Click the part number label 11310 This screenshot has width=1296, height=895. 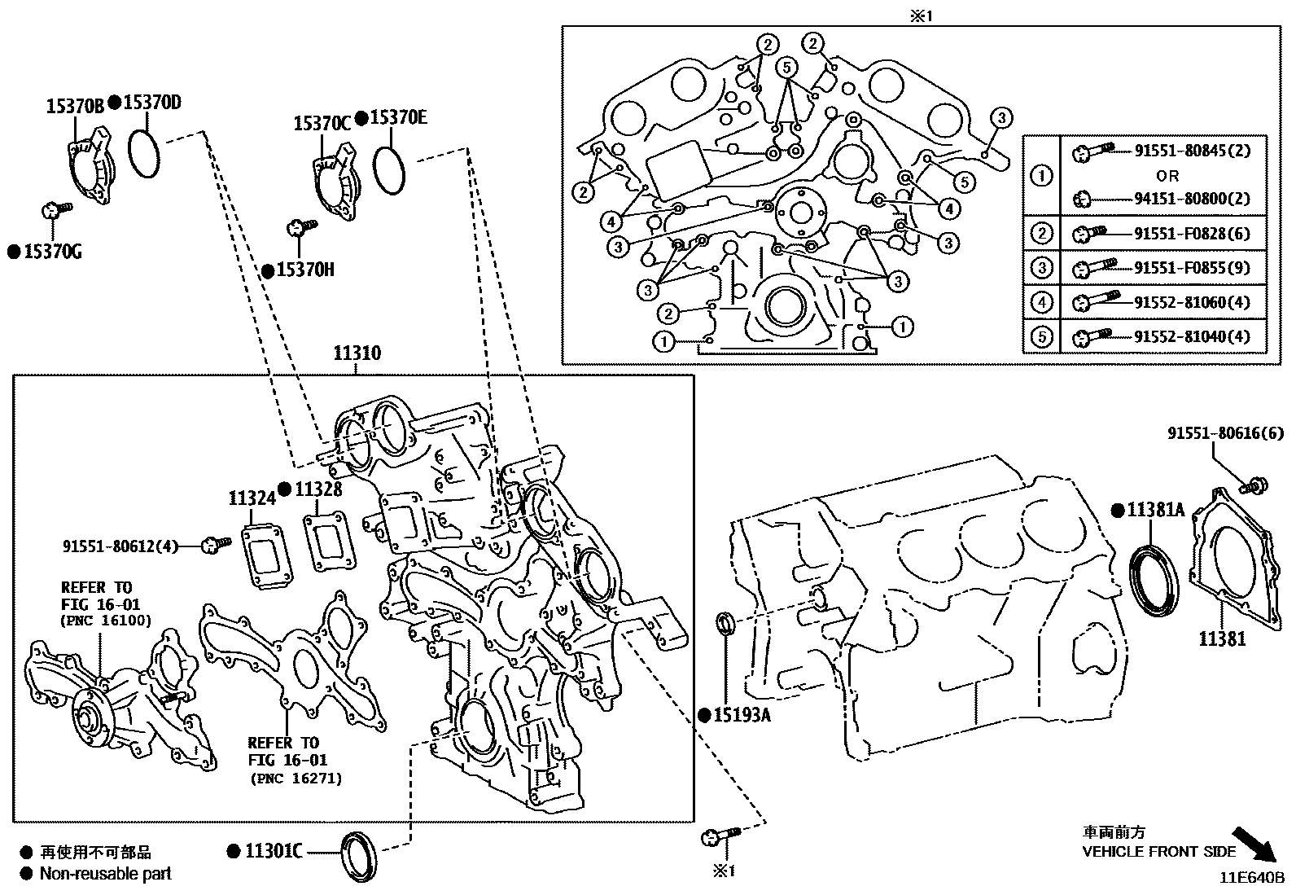click(x=357, y=353)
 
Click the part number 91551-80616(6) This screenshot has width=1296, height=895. click(x=1225, y=435)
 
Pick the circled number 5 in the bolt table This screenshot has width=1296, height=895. click(x=1041, y=336)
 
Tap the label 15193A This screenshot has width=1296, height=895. click(x=740, y=716)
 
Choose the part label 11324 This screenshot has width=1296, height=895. click(x=252, y=497)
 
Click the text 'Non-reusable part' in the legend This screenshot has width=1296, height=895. click(x=106, y=874)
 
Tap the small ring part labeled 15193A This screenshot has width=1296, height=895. click(x=725, y=624)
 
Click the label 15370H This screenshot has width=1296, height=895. click(x=304, y=270)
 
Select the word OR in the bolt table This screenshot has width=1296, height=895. click(x=1167, y=175)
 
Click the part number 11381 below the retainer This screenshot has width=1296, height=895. click(x=1221, y=638)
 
